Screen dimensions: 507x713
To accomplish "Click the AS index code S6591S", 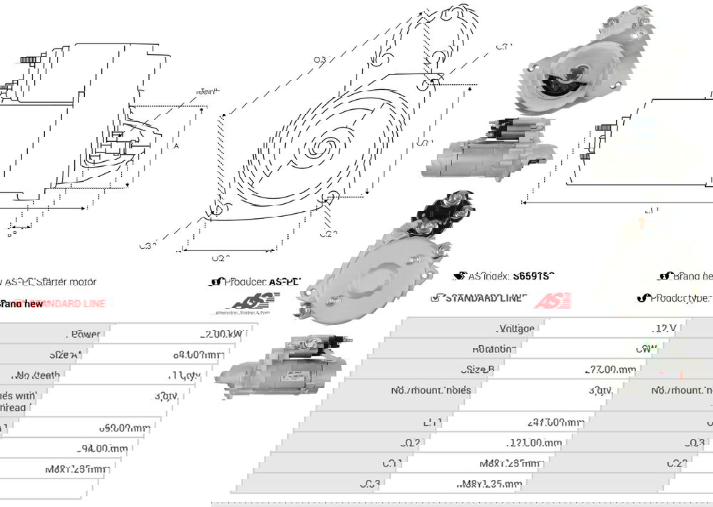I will (x=533, y=276).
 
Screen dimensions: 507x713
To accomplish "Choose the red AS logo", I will (x=553, y=300).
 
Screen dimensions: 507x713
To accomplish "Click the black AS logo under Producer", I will (x=247, y=302).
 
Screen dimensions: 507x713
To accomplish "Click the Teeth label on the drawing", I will (x=207, y=91).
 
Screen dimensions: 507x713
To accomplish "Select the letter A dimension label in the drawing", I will (x=176, y=145).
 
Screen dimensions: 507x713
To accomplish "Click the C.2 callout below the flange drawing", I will (x=327, y=233).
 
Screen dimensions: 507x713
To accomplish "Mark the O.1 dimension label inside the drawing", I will (x=424, y=142).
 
